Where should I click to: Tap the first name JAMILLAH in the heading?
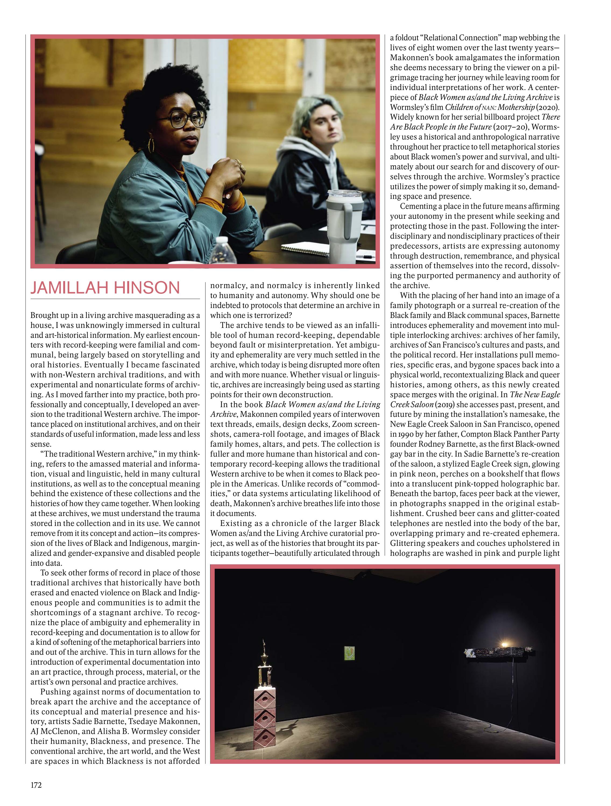tap(69, 288)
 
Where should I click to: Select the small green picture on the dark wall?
tap(349, 652)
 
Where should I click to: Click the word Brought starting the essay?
tap(44, 315)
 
